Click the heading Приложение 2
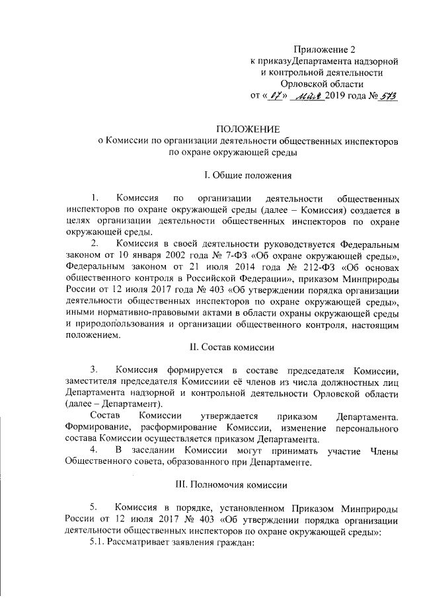pos(330,50)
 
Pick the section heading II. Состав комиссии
pos(248,347)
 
